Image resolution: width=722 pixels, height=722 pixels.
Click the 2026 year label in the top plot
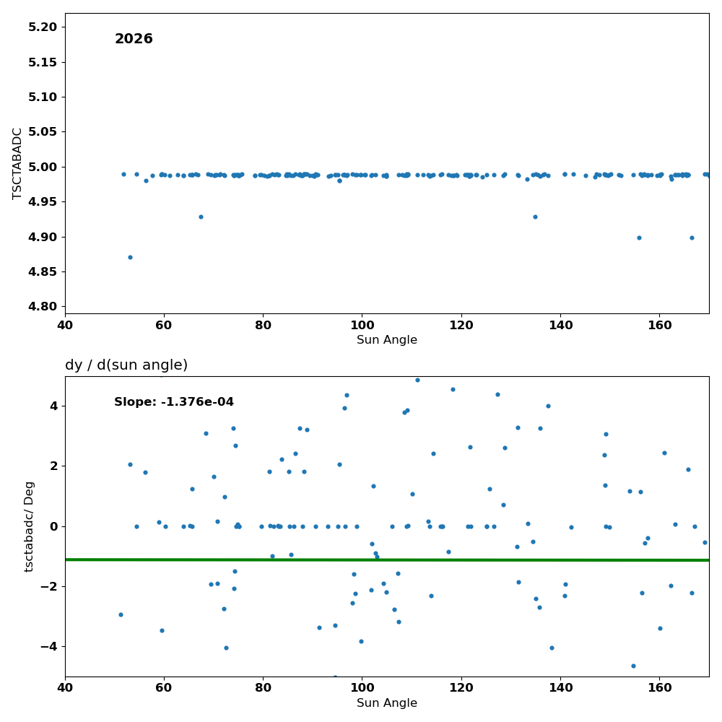[134, 39]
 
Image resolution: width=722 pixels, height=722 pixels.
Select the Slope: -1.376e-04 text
[174, 402]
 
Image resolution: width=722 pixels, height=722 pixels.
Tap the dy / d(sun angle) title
[126, 365]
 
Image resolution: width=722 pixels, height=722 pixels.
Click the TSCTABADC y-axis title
[17, 163]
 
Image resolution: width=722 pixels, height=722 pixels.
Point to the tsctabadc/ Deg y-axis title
[29, 527]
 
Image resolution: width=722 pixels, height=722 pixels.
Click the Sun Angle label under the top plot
[387, 340]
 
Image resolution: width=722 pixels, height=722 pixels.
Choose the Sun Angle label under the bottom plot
[387, 703]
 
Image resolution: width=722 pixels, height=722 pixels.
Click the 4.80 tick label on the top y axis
[43, 307]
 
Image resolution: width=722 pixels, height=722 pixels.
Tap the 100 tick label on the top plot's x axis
[362, 325]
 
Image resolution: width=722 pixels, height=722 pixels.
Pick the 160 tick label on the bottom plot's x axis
[659, 688]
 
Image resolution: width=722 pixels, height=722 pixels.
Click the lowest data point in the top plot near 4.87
[130, 258]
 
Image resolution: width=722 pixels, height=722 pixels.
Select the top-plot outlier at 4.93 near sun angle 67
[201, 217]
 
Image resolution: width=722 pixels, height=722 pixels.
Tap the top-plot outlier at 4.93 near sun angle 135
[535, 217]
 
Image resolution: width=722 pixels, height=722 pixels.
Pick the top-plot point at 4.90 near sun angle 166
[692, 238]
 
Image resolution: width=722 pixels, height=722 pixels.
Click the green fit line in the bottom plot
[387, 560]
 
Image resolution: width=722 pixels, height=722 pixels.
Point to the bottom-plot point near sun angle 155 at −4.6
[633, 666]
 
